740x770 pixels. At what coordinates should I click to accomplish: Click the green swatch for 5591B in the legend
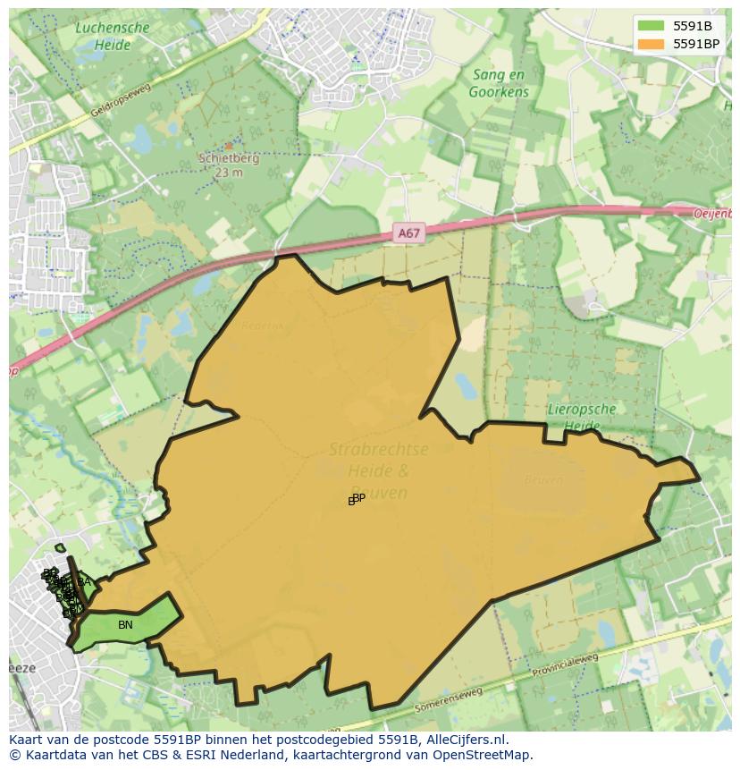pos(652,26)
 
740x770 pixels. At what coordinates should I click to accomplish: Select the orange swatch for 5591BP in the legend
pos(652,44)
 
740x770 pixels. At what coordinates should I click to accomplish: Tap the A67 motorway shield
pos(408,233)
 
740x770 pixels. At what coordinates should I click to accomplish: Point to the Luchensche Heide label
pos(113,35)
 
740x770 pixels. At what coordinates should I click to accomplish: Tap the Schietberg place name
pos(228,159)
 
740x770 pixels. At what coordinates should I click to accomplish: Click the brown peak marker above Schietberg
pos(229,145)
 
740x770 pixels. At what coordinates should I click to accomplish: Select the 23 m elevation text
pos(228,173)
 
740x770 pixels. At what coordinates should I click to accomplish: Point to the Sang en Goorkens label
pos(500,84)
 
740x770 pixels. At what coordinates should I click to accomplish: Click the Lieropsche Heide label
pos(580,418)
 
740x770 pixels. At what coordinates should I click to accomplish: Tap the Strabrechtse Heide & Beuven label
pos(379,470)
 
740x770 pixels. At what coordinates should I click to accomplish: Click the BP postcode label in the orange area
pos(357,498)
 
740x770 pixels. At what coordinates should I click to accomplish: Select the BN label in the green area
pos(125,625)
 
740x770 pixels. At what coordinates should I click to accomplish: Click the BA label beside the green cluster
pos(84,582)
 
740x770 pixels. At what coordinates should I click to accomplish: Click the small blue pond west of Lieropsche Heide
pos(467,386)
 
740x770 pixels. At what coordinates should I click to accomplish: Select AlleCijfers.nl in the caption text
pos(464,740)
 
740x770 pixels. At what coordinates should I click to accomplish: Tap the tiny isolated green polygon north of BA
pos(60,548)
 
